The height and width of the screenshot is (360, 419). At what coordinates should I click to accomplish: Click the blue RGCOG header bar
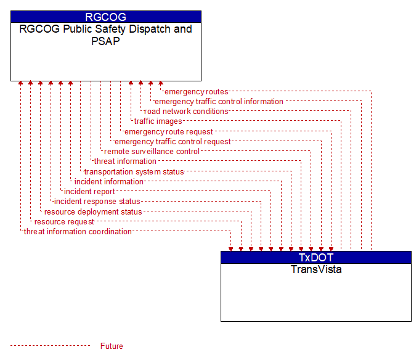tap(106, 17)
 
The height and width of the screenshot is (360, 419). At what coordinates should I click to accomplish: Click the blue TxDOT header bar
tap(316, 258)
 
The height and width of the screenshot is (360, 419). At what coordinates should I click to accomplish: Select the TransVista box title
tap(316, 269)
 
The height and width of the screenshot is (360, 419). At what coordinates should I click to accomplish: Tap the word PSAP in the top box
tap(105, 41)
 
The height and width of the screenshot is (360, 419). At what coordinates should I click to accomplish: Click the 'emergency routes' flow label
tap(197, 92)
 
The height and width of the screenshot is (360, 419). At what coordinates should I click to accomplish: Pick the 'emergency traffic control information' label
tap(219, 102)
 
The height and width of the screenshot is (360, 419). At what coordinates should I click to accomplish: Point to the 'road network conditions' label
tap(186, 112)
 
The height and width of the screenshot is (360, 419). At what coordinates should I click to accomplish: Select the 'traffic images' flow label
tap(158, 121)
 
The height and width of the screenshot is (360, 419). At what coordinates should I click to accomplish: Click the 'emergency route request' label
tap(169, 132)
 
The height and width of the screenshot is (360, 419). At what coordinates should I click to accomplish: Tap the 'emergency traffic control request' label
tap(173, 142)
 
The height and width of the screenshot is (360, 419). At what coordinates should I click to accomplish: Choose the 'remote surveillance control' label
tap(152, 152)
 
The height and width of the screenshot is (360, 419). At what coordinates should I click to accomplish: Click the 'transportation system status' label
tap(134, 171)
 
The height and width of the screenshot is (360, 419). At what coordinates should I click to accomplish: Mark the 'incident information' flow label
tap(109, 182)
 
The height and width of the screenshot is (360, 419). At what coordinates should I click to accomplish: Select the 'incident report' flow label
tap(89, 192)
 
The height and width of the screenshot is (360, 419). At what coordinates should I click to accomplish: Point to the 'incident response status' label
tap(97, 202)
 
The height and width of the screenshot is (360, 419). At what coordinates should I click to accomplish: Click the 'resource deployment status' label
tap(93, 212)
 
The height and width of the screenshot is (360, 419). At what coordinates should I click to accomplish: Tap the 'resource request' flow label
tap(64, 222)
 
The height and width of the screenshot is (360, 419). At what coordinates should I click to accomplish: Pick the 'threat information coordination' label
tap(78, 231)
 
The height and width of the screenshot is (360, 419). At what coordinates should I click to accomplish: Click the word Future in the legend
tap(112, 346)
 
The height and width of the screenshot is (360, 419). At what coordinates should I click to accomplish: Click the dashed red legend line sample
tap(51, 346)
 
